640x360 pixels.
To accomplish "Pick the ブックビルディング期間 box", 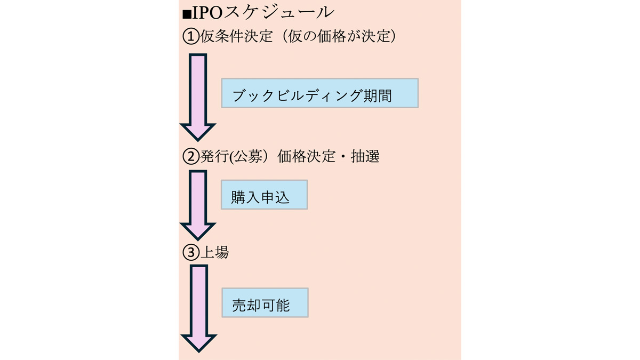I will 319,93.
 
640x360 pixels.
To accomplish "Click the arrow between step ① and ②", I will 197,96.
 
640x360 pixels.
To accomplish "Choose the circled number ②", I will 190,156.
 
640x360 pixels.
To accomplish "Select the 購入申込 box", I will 264,195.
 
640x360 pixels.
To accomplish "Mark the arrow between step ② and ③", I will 198,203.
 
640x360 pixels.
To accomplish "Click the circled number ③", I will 190,253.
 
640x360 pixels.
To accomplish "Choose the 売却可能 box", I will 265,303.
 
